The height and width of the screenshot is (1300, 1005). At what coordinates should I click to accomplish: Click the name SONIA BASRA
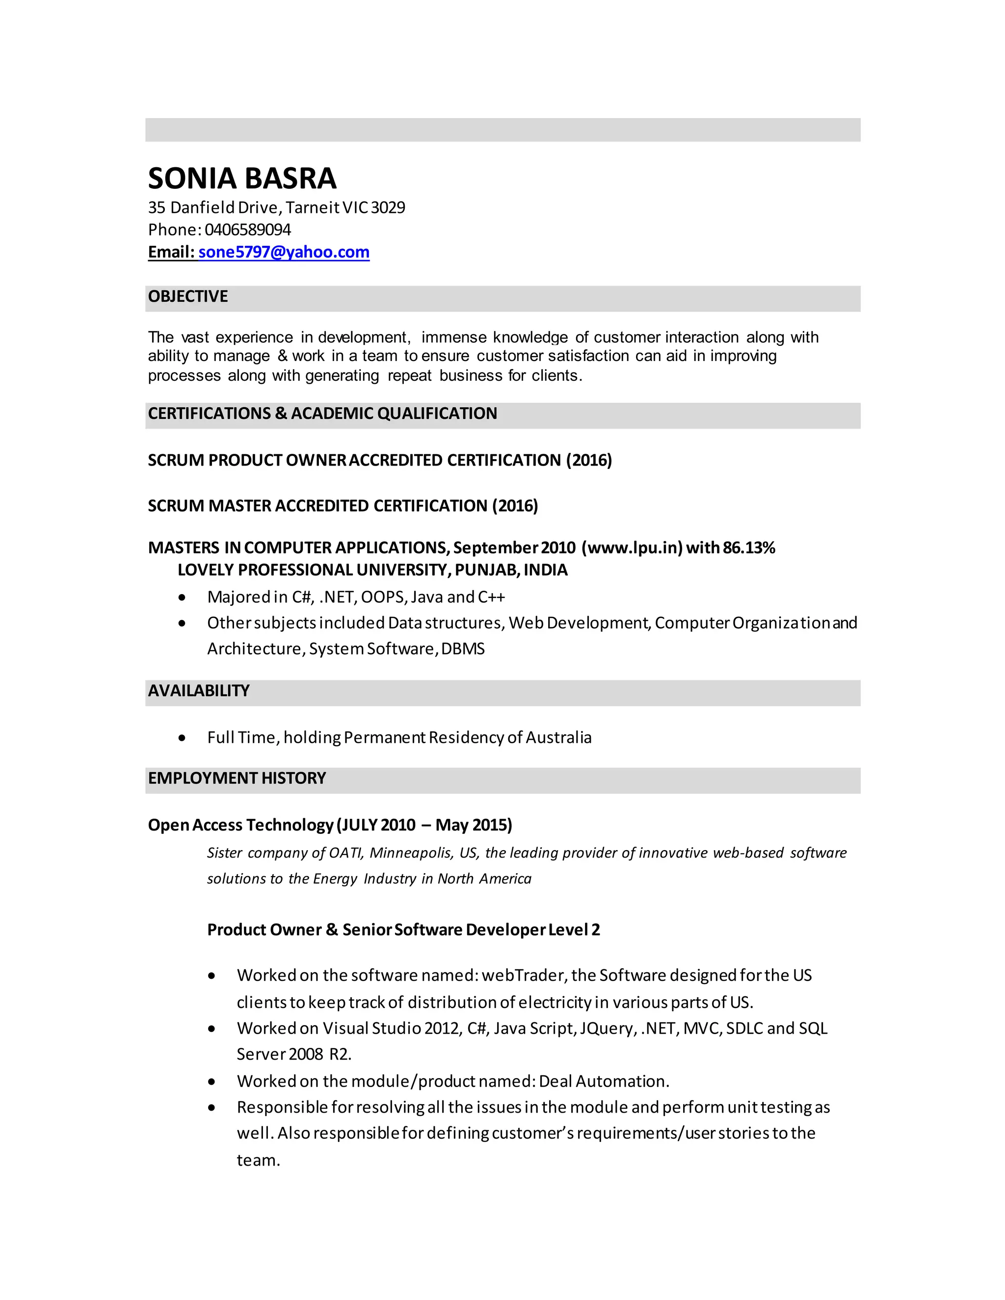[x=242, y=179]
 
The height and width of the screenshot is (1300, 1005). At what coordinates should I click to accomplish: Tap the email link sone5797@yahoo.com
[x=284, y=252]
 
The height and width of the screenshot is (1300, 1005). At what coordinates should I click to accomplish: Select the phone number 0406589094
[x=248, y=230]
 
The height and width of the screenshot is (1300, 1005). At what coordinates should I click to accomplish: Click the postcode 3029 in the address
[x=388, y=208]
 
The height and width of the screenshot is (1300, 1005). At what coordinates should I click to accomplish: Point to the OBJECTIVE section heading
[x=187, y=296]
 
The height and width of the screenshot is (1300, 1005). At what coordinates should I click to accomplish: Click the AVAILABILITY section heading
[x=198, y=691]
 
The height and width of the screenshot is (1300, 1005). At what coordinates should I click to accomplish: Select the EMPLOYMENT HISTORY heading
[x=237, y=778]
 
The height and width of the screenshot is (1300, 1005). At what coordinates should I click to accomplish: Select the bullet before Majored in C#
[x=182, y=598]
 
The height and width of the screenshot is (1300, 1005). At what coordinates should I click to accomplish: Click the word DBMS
[x=463, y=649]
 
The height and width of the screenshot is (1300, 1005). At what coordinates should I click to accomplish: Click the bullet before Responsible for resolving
[x=212, y=1108]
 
